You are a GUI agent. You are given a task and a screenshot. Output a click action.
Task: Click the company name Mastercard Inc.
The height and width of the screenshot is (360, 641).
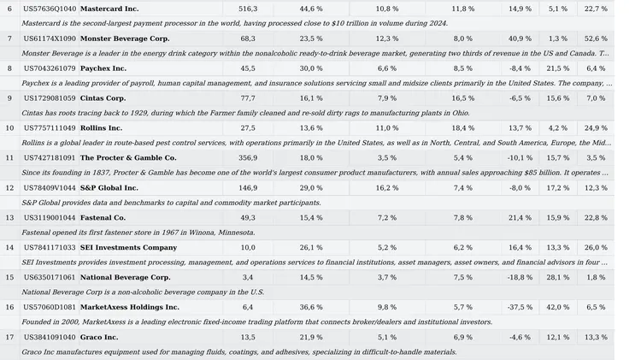point(109,9)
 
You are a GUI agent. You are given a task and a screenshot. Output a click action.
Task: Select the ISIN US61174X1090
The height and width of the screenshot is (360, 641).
point(50,38)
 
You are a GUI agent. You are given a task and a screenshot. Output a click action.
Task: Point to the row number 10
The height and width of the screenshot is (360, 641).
point(9,128)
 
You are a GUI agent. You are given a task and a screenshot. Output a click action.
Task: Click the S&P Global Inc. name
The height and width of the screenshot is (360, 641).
point(109,187)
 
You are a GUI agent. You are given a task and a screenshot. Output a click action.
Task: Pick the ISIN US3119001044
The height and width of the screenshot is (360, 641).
point(50,217)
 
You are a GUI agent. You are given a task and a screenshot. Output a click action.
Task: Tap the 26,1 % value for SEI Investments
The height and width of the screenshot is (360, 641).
point(311,247)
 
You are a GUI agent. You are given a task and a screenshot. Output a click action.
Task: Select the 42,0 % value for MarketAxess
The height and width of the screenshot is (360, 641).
point(558,307)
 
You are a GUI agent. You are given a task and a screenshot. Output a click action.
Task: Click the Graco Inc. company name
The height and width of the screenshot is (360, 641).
point(99,337)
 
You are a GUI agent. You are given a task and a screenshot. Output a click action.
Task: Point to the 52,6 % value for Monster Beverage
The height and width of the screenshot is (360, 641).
point(596,38)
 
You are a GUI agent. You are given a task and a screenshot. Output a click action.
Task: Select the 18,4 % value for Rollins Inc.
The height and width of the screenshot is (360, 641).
point(462,128)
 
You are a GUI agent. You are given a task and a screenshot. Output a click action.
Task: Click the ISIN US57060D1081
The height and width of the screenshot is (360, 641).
point(50,307)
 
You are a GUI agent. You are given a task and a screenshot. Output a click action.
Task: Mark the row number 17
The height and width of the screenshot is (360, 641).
point(9,337)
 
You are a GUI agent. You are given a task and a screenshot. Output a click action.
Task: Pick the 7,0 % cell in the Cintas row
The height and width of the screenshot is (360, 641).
point(596,98)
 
